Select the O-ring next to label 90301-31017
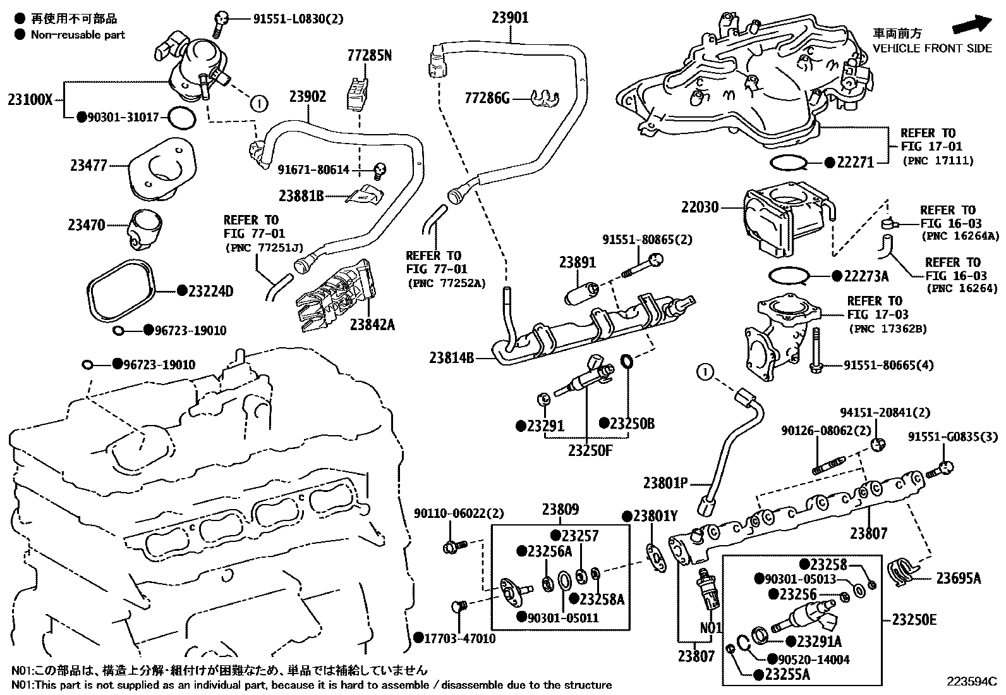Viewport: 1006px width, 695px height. coord(182,117)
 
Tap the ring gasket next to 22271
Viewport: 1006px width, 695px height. coord(789,163)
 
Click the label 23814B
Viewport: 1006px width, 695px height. coord(451,358)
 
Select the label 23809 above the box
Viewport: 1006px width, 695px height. coord(560,509)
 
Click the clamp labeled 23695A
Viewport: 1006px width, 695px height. coord(902,570)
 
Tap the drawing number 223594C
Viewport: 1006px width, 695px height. coord(971,681)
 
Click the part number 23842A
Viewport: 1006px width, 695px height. coord(372,324)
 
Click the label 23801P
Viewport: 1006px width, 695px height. coord(665,483)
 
